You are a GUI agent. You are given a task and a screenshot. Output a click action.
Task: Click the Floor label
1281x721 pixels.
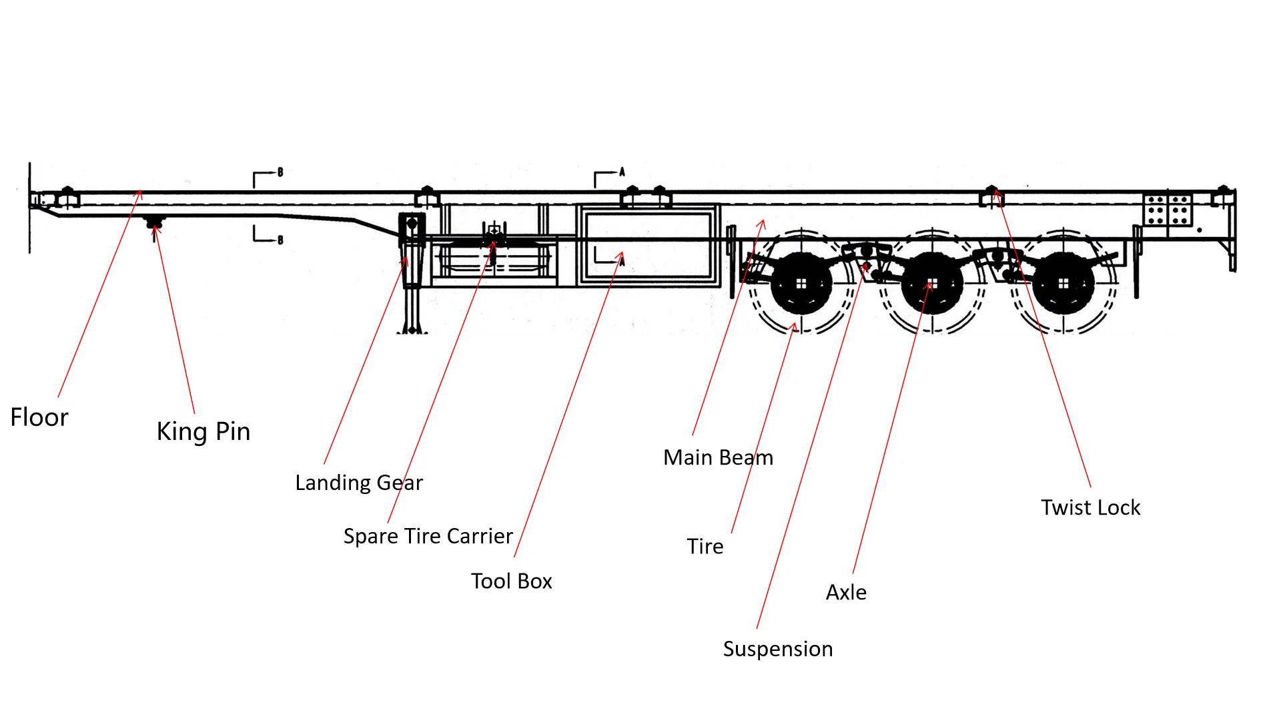pyautogui.click(x=39, y=417)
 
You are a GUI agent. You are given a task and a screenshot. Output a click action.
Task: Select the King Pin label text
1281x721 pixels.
pyautogui.click(x=203, y=431)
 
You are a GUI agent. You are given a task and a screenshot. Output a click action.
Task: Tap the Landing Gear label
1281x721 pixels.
pyautogui.click(x=359, y=483)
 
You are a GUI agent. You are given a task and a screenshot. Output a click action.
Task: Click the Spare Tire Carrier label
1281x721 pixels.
pyautogui.click(x=428, y=536)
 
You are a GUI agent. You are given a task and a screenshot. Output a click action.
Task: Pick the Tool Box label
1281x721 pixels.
pyautogui.click(x=512, y=581)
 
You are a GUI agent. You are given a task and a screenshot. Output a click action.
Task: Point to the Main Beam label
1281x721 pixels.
pyautogui.click(x=718, y=457)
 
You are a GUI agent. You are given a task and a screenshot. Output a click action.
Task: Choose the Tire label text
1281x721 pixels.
pyautogui.click(x=705, y=546)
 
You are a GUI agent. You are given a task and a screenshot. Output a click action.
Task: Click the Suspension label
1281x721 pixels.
pyautogui.click(x=778, y=649)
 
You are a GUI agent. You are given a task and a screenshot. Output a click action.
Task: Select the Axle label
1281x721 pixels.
pyautogui.click(x=846, y=592)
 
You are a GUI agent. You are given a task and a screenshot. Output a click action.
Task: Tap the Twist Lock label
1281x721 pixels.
pyautogui.click(x=1090, y=507)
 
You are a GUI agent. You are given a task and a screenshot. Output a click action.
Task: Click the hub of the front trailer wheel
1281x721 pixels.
pyautogui.click(x=801, y=284)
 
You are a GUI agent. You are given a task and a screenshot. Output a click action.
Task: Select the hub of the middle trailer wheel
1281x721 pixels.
pyautogui.click(x=933, y=284)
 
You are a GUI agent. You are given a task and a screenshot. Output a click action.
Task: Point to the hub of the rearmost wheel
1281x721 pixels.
pyautogui.click(x=1063, y=284)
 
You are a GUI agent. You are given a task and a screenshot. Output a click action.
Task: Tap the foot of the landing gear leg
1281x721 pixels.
pyautogui.click(x=412, y=330)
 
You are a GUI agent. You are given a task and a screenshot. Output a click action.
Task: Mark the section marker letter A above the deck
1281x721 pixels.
pyautogui.click(x=622, y=172)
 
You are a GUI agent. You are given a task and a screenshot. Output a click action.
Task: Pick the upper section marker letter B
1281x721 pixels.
pyautogui.click(x=280, y=172)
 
